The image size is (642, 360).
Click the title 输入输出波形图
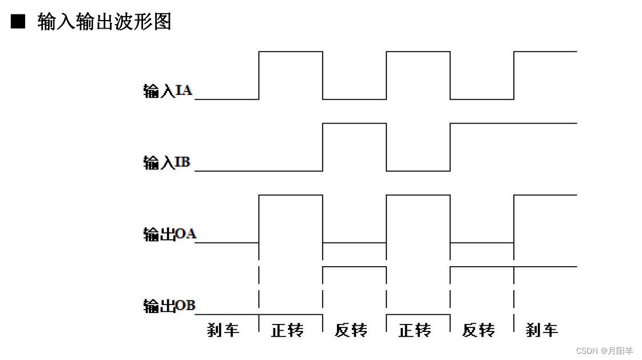tap(104, 22)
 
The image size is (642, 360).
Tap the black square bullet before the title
tap(19, 22)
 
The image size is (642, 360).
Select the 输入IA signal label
tap(167, 91)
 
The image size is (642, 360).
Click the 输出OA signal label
tap(169, 234)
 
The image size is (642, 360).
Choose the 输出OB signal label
tap(169, 306)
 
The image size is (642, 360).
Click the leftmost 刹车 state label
tap(223, 330)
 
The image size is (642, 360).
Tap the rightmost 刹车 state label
tap(541, 330)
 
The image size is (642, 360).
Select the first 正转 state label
tap(287, 330)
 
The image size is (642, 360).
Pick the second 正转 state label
tap(414, 330)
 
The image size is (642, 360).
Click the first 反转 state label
tap(350, 330)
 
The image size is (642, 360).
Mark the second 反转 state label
tap(478, 330)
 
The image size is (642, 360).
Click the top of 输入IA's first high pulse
tap(291, 52)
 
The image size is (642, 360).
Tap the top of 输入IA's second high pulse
tap(418, 52)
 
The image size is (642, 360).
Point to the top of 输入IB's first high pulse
tap(354, 123)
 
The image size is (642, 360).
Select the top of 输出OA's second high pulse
tap(418, 195)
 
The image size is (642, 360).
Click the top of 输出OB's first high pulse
tap(354, 267)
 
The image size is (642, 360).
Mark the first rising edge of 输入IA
tap(259, 76)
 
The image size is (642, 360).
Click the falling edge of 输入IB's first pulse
tap(386, 147)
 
